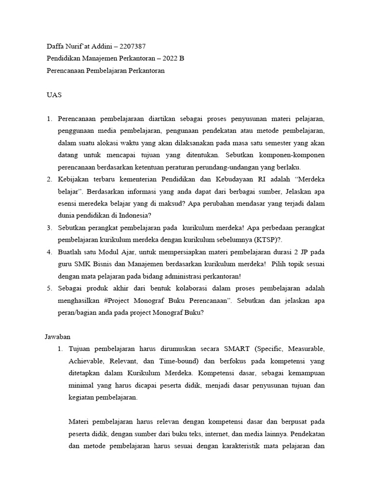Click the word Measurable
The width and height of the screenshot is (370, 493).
click(x=308, y=348)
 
